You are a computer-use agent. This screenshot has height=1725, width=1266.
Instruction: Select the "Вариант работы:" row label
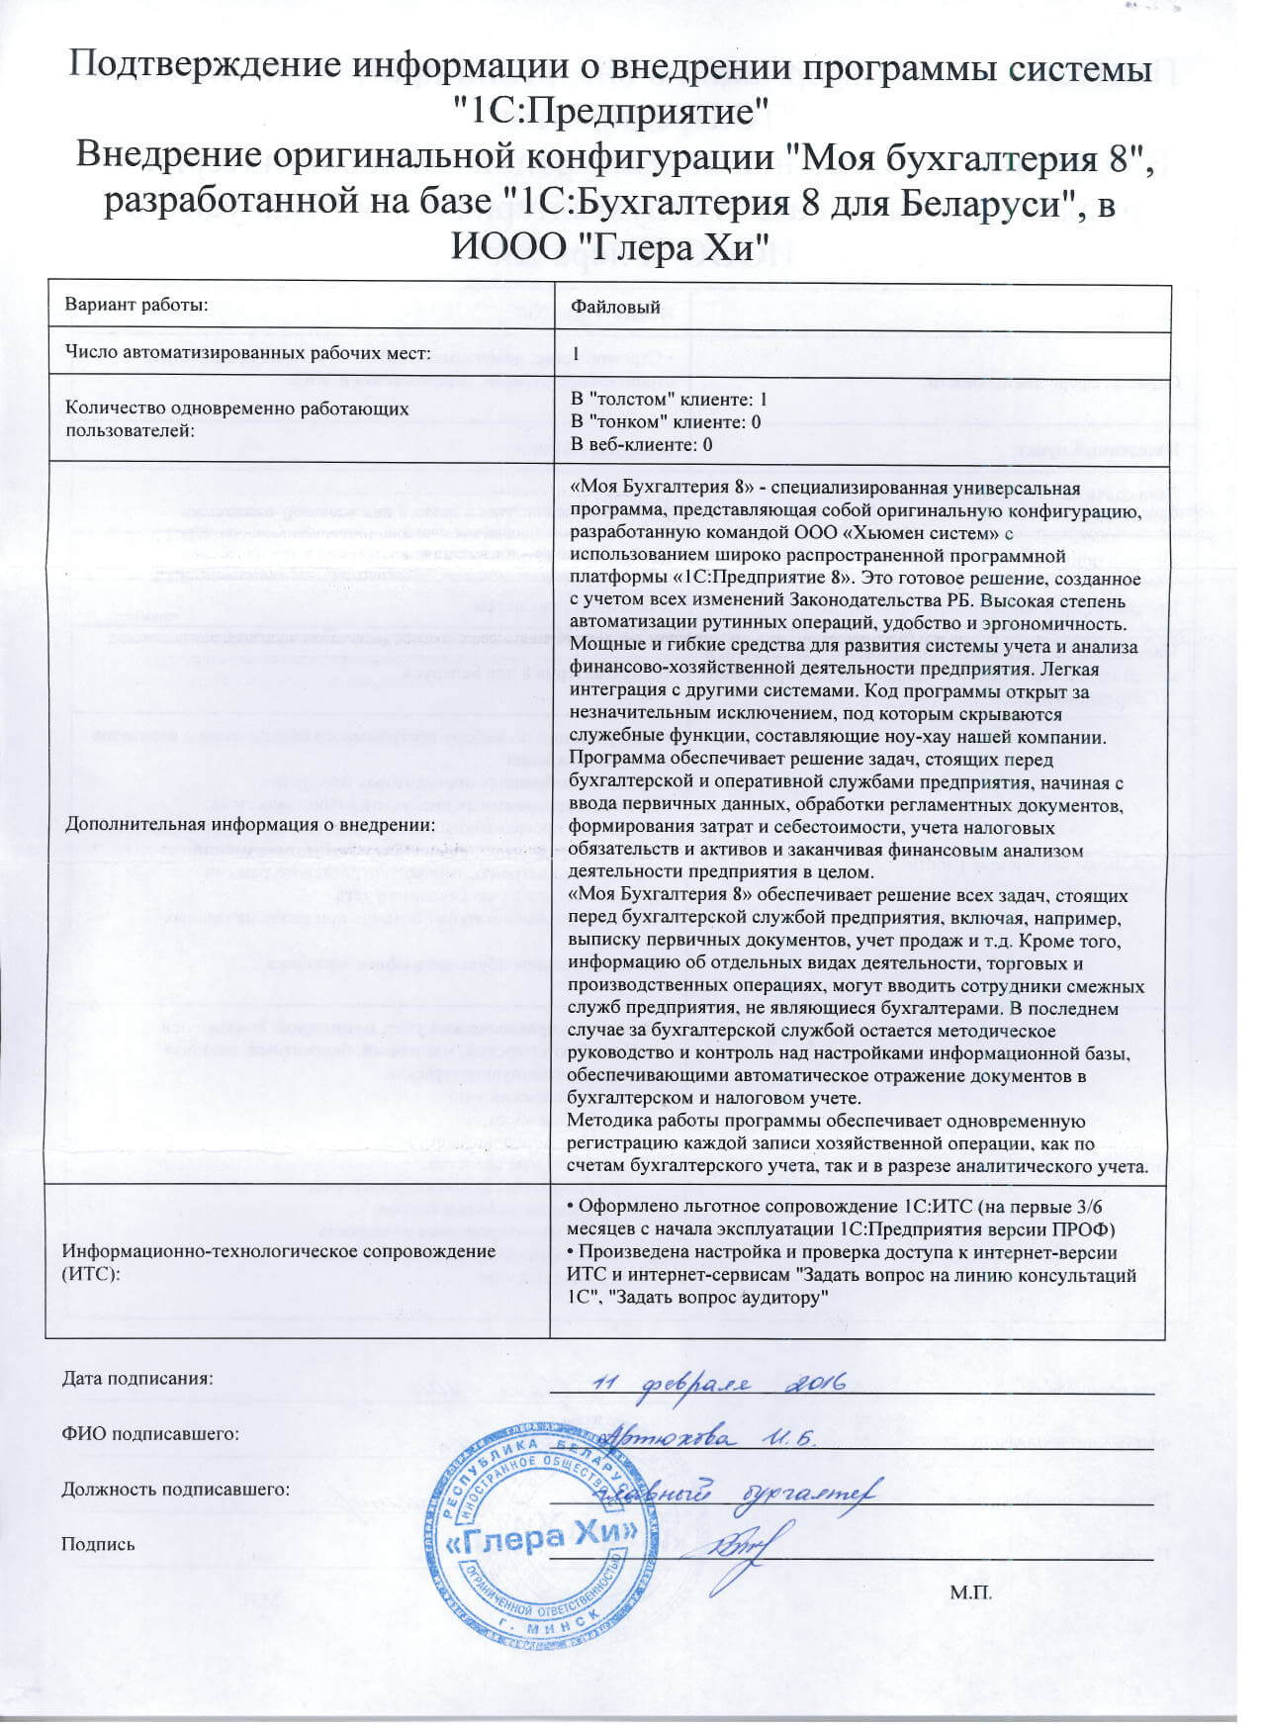click(x=136, y=305)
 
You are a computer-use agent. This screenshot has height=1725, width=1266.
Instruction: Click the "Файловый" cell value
click(x=615, y=307)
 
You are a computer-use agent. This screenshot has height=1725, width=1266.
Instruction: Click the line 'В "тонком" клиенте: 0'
click(x=667, y=422)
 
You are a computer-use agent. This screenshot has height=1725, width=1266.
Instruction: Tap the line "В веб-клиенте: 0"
click(x=642, y=444)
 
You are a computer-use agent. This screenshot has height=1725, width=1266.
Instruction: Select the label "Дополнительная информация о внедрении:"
click(x=250, y=823)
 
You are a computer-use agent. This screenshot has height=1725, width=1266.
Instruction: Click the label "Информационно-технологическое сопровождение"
click(x=279, y=1251)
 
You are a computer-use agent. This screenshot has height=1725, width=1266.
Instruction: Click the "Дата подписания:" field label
click(x=137, y=1378)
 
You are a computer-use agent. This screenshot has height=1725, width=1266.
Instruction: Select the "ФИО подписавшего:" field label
click(x=151, y=1433)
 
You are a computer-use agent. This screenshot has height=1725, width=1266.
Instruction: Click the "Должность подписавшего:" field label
click(x=176, y=1489)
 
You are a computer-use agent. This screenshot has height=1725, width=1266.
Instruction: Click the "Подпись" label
click(x=98, y=1544)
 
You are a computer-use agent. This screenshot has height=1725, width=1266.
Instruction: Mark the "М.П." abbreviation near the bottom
click(x=970, y=1592)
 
